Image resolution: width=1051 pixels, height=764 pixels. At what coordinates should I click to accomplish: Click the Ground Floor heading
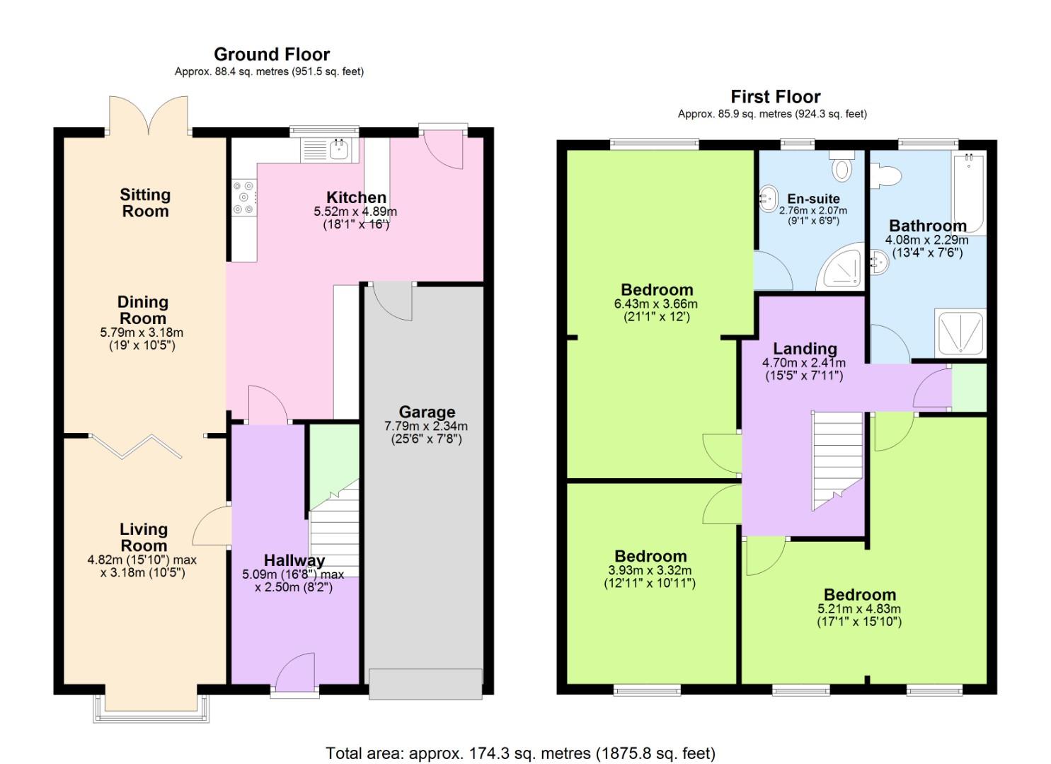click(272, 54)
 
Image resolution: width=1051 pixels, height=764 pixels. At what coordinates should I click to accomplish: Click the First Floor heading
click(775, 97)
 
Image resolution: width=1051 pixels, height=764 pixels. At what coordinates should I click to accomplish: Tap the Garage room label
click(426, 412)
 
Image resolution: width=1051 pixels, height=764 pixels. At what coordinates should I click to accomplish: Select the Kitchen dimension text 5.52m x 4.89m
click(355, 212)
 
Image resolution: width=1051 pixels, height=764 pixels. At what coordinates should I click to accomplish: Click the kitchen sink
click(331, 150)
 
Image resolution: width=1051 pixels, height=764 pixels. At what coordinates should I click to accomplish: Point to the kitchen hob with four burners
click(245, 197)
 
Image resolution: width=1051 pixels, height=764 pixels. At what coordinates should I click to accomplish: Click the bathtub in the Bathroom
click(968, 192)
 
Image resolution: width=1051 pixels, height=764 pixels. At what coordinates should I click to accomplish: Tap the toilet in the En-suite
click(842, 166)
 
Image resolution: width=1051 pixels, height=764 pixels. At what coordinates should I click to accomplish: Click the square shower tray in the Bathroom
click(960, 332)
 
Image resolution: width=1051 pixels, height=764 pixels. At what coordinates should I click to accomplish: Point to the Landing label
click(805, 349)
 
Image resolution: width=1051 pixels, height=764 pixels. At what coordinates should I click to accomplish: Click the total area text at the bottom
click(520, 753)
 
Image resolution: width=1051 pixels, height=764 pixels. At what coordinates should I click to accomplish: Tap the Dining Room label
click(143, 310)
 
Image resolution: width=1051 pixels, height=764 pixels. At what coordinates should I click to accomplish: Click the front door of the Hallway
click(295, 672)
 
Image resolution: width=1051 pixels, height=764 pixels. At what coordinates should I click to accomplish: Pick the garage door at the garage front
click(425, 683)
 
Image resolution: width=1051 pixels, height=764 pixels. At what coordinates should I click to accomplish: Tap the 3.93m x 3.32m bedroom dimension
click(650, 570)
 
